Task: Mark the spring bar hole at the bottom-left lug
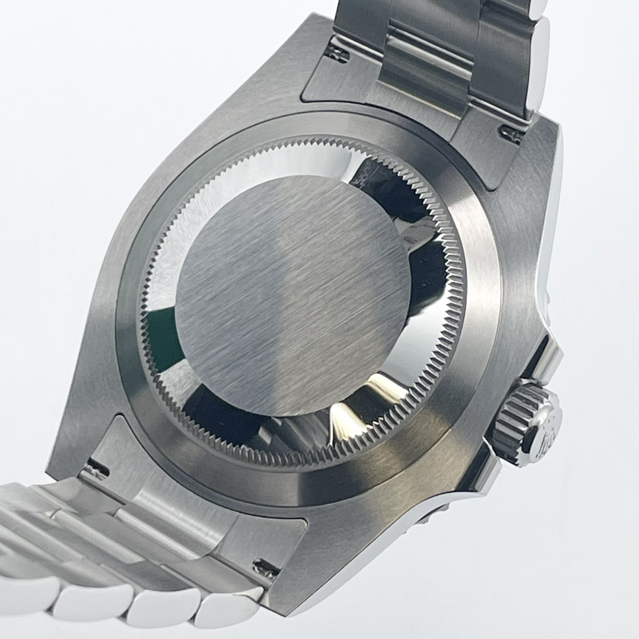click(x=98, y=467)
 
